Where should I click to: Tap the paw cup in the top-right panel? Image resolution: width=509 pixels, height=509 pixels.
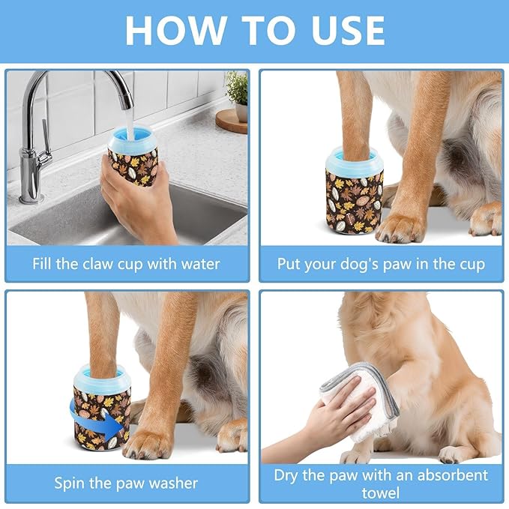[354, 191]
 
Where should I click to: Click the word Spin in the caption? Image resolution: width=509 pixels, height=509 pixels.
[70, 483]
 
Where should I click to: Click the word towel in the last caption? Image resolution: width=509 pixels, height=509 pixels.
[381, 493]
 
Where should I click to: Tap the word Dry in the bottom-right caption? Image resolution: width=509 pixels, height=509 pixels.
[287, 475]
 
